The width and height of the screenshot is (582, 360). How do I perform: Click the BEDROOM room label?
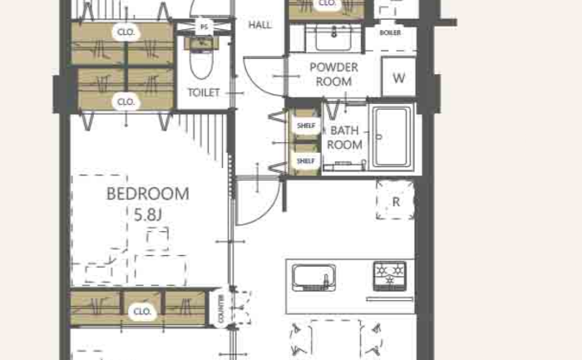tap(148, 194)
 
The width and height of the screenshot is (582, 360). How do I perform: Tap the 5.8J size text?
tap(148, 215)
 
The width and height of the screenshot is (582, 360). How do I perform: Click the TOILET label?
tap(204, 92)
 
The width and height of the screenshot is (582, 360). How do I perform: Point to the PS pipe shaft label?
tap(204, 27)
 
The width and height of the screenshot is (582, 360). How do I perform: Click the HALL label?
tap(259, 25)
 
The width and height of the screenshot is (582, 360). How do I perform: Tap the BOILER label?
tap(390, 32)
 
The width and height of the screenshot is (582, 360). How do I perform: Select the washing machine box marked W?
tap(398, 76)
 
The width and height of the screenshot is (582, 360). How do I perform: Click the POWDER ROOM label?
tap(333, 74)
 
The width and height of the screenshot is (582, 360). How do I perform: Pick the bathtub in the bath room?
tap(392, 137)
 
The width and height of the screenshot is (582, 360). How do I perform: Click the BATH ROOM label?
tap(344, 138)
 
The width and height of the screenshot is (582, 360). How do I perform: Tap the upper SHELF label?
tap(306, 126)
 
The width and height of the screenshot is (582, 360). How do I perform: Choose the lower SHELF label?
tap(306, 161)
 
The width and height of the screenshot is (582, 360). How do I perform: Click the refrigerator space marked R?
tap(395, 200)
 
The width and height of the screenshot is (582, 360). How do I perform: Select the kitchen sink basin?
tap(313, 277)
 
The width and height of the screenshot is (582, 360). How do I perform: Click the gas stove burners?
tap(390, 276)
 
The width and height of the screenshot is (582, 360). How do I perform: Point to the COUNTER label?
tap(222, 308)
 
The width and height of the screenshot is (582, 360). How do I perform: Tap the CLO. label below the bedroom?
tap(142, 312)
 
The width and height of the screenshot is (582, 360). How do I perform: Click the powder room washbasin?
tap(333, 37)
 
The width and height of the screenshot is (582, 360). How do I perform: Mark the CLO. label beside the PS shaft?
tap(126, 32)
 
